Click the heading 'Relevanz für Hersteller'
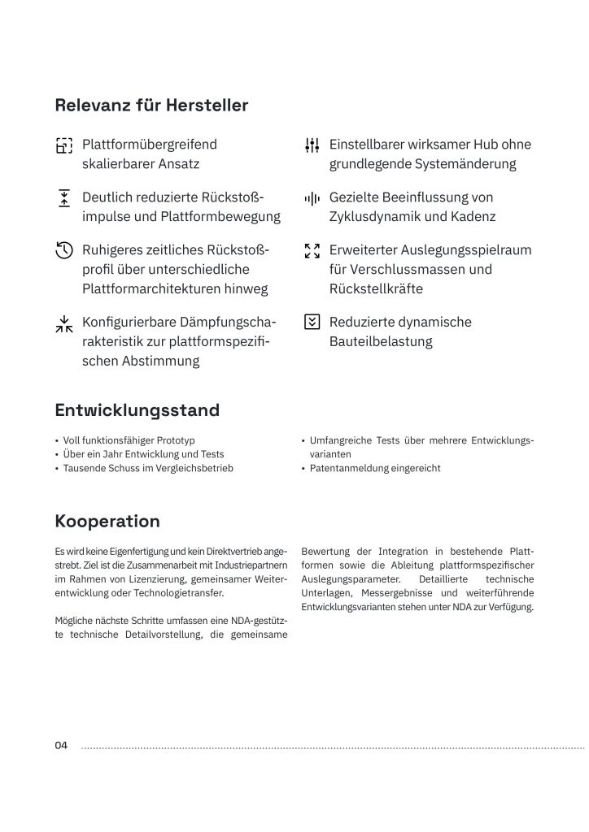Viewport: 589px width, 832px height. click(x=151, y=106)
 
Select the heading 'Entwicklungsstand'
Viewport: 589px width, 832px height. click(x=137, y=410)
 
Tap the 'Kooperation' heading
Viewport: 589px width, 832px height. click(x=107, y=521)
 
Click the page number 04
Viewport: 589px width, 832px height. click(x=62, y=745)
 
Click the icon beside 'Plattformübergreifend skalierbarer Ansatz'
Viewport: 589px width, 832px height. click(x=64, y=145)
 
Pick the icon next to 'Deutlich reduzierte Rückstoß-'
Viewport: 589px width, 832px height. click(x=64, y=198)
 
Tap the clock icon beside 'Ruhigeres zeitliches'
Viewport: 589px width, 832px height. click(x=64, y=250)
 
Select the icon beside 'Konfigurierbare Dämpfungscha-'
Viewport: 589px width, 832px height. click(x=64, y=323)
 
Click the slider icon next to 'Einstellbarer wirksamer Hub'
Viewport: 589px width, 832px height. click(x=312, y=145)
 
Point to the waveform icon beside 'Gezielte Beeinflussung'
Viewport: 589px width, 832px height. click(x=312, y=198)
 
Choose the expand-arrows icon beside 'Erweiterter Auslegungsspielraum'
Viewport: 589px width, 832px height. click(x=312, y=250)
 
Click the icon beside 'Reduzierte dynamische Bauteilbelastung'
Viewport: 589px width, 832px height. click(x=312, y=323)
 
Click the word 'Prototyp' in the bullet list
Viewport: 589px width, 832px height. click(x=176, y=440)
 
